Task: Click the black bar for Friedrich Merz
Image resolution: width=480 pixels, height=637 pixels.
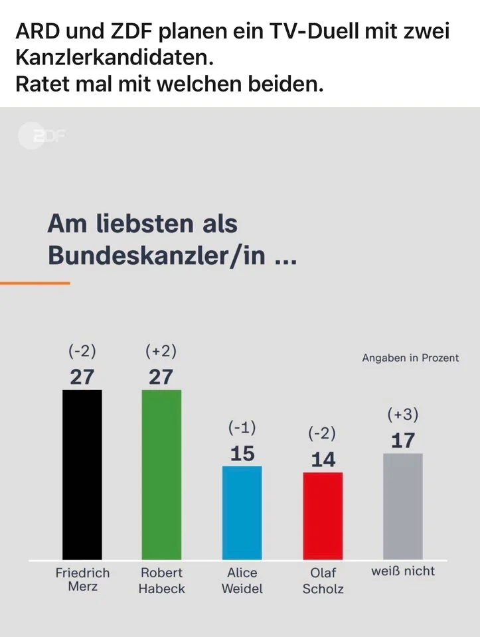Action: point(82,474)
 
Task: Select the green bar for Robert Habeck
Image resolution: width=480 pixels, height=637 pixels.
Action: point(161,474)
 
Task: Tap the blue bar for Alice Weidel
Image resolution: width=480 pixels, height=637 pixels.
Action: point(242,512)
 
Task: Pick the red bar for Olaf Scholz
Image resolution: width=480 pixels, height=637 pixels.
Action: point(323,516)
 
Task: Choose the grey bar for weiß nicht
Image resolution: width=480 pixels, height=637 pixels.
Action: point(403,506)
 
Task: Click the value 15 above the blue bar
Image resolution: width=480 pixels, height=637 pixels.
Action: point(242,453)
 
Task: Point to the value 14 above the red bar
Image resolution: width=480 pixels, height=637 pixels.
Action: point(323,459)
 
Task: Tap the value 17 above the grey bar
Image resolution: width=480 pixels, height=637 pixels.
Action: point(403,440)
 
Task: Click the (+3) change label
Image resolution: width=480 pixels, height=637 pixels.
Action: point(403,415)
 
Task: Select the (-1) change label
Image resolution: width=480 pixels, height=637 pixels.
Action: point(242,428)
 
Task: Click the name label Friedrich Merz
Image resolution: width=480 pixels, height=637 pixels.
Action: point(82,579)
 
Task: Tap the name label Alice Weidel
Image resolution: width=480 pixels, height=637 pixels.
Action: point(242,580)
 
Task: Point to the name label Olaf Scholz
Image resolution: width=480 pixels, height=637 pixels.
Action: point(323,580)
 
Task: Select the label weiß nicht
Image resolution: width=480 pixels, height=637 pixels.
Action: point(403,571)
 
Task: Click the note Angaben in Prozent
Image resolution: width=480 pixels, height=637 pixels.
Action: point(410,358)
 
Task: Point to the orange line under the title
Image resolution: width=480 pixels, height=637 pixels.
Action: point(35,283)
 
